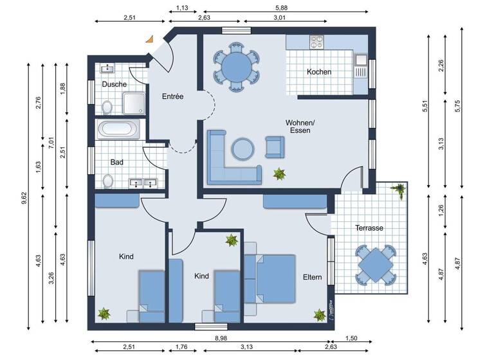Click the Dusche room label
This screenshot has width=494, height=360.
click(114, 84)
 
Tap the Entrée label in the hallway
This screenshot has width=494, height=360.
click(172, 97)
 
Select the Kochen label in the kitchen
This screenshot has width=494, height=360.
click(319, 72)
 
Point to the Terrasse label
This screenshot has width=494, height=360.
click(369, 228)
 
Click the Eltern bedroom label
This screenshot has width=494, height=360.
click(313, 277)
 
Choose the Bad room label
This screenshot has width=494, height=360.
click(116, 163)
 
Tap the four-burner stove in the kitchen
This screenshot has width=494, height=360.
click(316, 42)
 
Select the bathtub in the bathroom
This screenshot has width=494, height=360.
click(117, 129)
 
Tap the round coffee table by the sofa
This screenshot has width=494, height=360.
click(243, 149)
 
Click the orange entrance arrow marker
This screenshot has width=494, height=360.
click(150, 39)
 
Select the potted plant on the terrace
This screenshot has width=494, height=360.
click(399, 189)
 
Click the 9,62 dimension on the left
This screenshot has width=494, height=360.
click(23, 195)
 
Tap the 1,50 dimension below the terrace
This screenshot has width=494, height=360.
click(352, 337)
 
